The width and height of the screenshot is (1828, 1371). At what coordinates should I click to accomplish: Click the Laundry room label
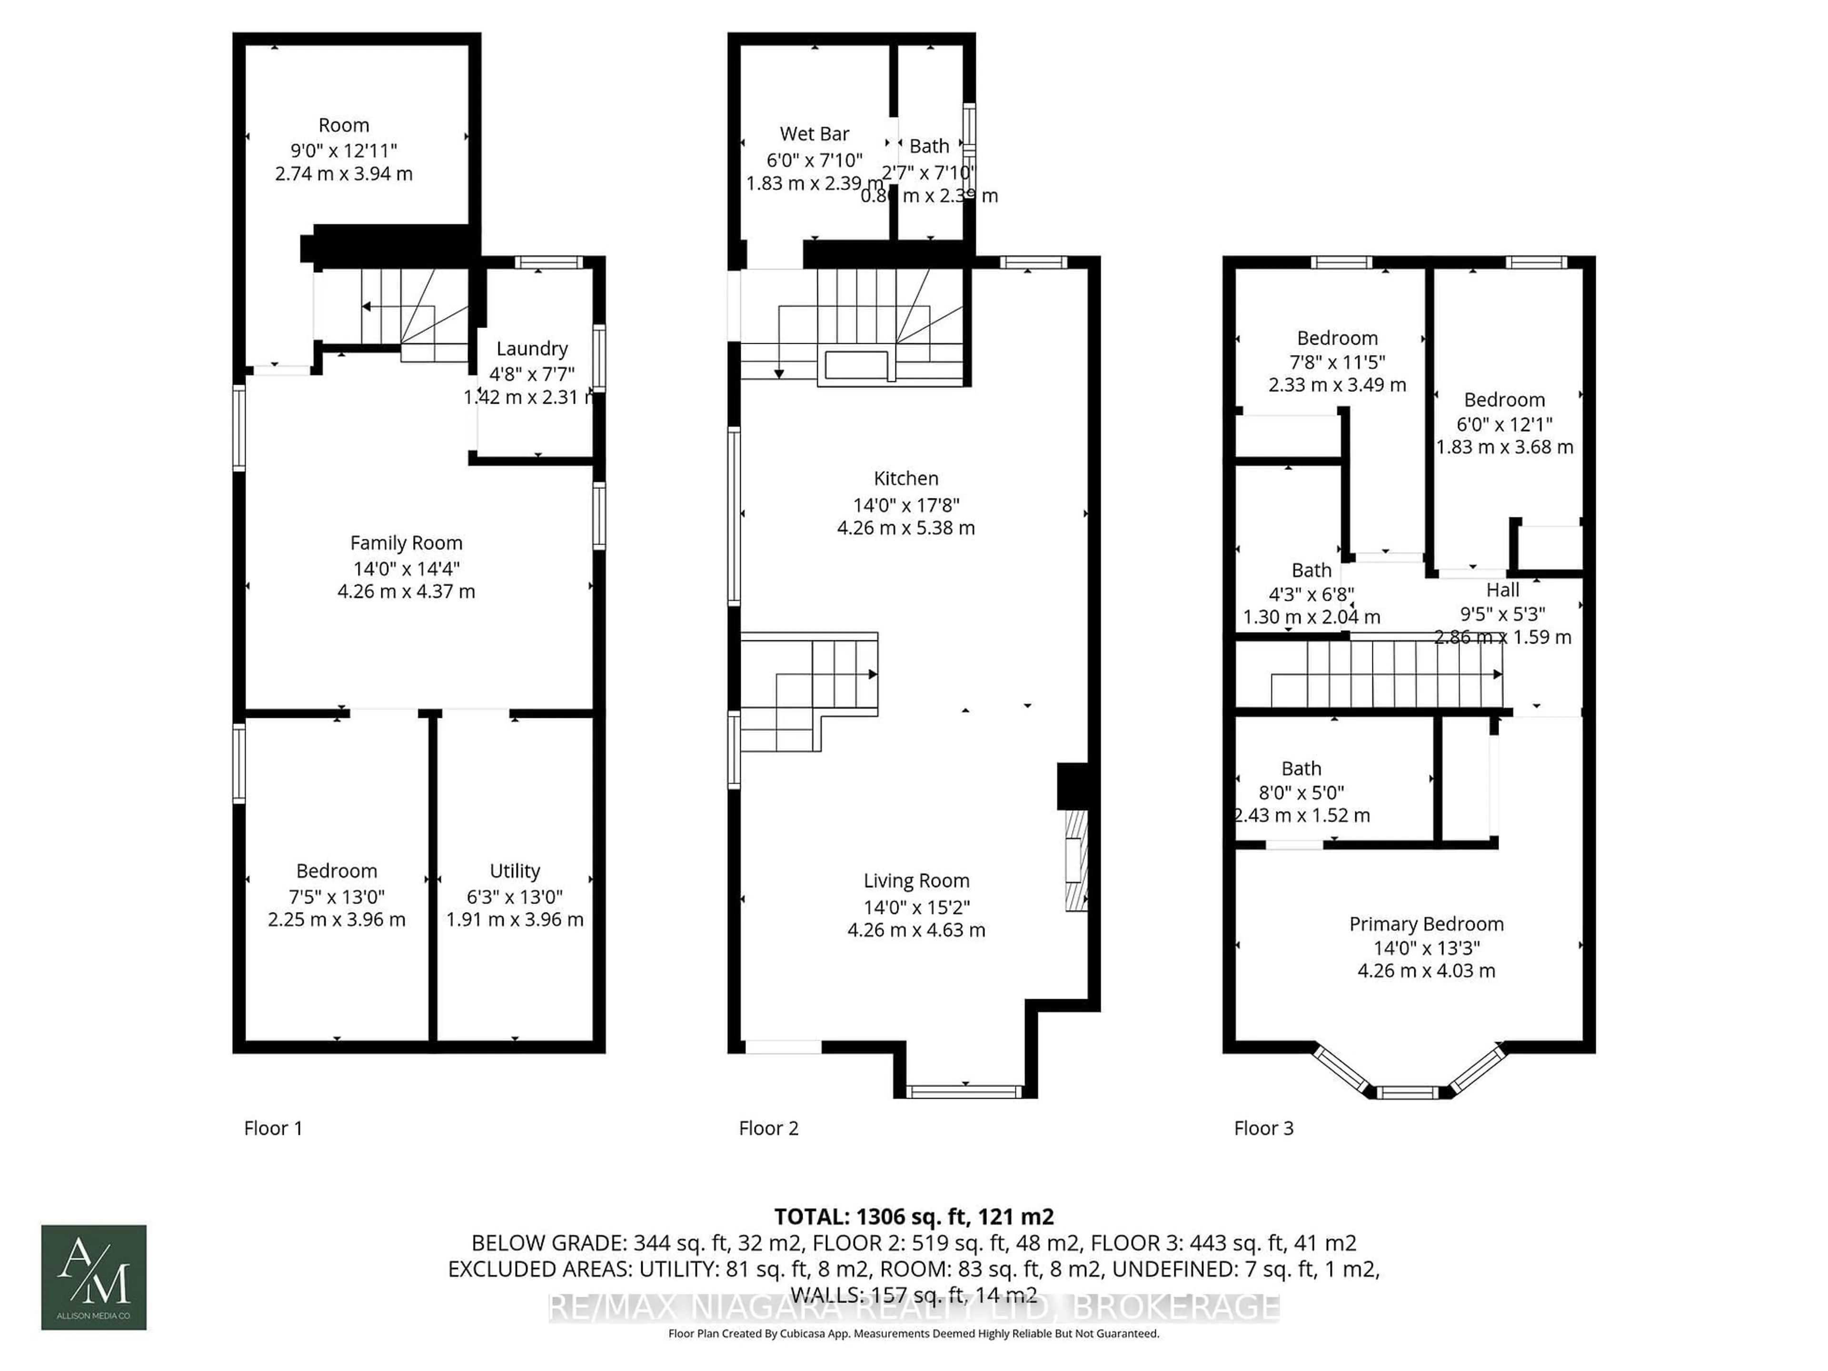[x=531, y=349]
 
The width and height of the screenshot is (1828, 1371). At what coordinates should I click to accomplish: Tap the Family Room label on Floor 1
[x=406, y=543]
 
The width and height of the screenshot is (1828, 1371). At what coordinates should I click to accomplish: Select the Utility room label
[x=515, y=871]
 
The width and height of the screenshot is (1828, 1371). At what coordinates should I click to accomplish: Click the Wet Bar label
[x=814, y=134]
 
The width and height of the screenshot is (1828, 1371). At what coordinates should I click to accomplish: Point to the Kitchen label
[x=906, y=478]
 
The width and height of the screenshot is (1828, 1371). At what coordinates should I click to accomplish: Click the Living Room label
[x=915, y=881]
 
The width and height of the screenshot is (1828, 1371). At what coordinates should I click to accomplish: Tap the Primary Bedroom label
[x=1426, y=924]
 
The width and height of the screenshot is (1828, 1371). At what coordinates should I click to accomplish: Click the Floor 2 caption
[x=768, y=1128]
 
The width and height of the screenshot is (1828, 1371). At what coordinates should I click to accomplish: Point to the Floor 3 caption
[x=1263, y=1128]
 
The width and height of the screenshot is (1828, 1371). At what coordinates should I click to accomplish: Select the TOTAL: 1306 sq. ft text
[x=913, y=1216]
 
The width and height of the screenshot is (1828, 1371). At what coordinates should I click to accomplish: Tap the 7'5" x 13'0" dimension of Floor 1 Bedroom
[x=337, y=897]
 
